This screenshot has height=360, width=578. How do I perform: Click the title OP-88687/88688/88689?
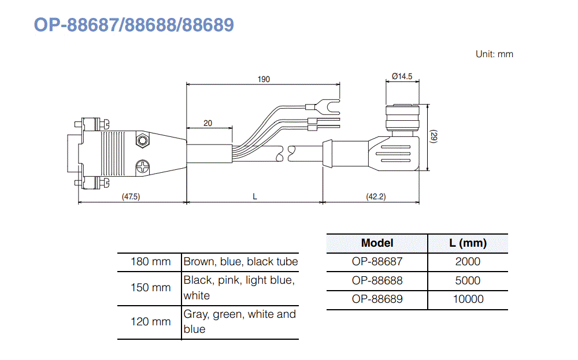(134, 25)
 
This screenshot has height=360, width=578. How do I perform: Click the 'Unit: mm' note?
(494, 54)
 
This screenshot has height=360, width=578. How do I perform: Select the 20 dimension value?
(208, 123)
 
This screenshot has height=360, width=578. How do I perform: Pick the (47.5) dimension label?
(131, 196)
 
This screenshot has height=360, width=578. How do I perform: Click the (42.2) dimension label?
(376, 196)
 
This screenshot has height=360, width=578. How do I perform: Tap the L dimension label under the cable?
(255, 196)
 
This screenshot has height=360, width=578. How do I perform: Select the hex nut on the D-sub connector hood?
(142, 140)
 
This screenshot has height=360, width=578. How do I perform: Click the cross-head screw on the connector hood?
(143, 168)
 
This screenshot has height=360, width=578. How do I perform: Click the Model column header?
(377, 243)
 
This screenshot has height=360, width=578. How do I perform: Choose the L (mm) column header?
(468, 243)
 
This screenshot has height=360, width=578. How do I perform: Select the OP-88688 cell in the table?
(377, 281)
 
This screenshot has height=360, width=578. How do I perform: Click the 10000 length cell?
(468, 299)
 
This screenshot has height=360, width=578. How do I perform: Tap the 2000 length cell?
(468, 262)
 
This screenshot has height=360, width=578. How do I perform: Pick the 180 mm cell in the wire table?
(150, 262)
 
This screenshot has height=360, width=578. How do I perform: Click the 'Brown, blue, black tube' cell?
(240, 262)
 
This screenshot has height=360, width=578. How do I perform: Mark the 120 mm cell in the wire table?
(150, 322)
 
